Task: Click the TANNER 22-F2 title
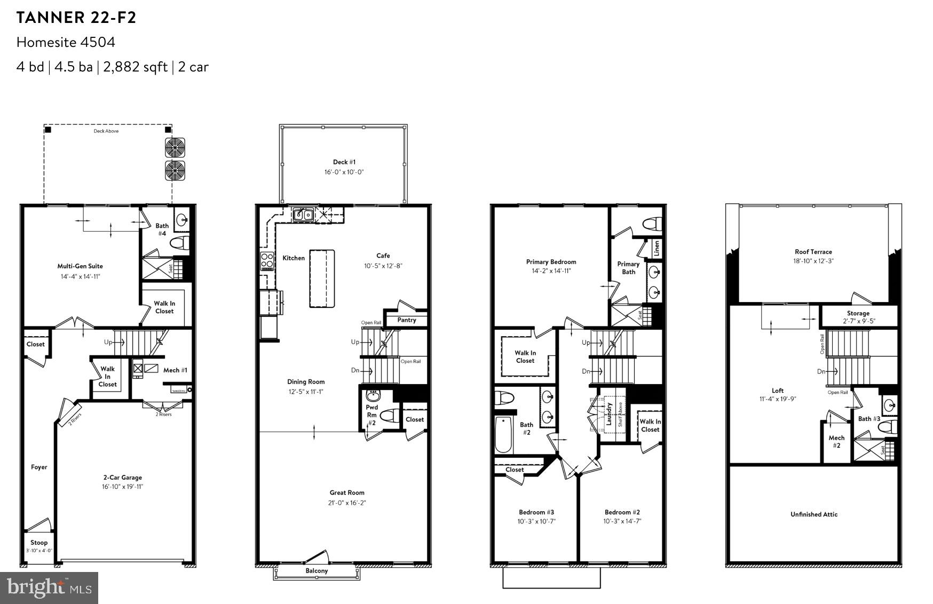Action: pos(76,18)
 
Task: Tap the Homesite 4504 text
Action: pos(66,42)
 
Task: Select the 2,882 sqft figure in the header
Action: pos(136,67)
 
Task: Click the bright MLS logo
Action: pos(49,587)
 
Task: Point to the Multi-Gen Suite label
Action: pos(80,266)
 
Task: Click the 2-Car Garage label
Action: pos(123,478)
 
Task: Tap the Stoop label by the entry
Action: pos(39,543)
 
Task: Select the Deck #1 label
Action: pos(344,162)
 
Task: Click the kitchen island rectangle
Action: pos(322,278)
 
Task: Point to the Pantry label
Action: pos(406,320)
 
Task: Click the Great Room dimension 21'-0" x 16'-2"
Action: pos(347,503)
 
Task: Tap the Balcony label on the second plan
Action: pos(317,571)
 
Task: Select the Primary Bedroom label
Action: pos(551,262)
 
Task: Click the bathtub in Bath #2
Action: pos(503,434)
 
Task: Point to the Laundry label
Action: pos(609,414)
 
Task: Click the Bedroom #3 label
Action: pos(536,512)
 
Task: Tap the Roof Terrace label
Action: pos(813,252)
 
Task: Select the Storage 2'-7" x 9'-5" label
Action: pos(858,317)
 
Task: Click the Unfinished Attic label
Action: pos(813,514)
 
